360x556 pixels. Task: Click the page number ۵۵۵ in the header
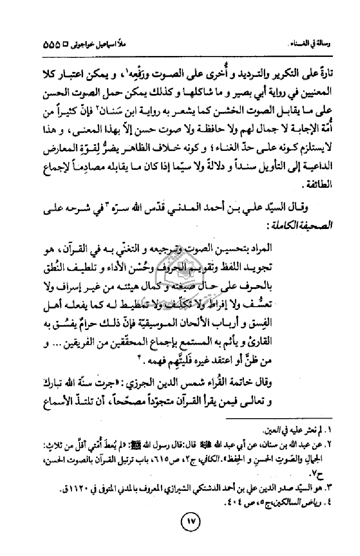pyautogui.click(x=54, y=46)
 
